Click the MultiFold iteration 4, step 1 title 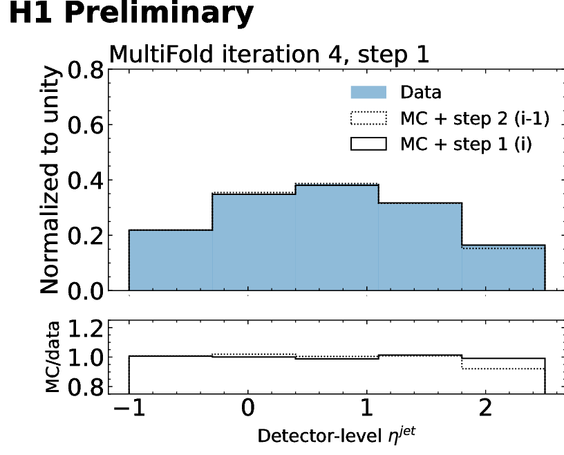tap(270, 54)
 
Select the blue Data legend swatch tap(371, 93)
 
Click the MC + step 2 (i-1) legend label tap(475, 119)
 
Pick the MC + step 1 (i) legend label tap(466, 146)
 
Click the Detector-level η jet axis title tap(337, 436)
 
